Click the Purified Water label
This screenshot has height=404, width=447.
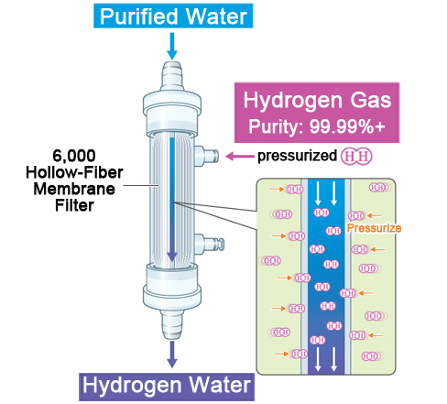(x=173, y=16)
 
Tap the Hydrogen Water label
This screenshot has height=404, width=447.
(x=167, y=387)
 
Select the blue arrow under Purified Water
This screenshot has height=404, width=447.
(x=172, y=46)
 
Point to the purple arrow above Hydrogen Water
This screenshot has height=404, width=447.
(x=172, y=355)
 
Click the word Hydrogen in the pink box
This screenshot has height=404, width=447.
(x=292, y=101)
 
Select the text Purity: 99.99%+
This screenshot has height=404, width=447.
(x=317, y=126)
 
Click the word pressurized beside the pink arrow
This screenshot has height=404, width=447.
(x=297, y=156)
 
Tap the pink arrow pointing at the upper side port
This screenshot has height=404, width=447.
(x=240, y=157)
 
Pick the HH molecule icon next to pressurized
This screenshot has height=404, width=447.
(x=356, y=157)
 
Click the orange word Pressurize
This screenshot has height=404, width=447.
(x=374, y=228)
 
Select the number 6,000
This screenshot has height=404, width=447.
(x=74, y=156)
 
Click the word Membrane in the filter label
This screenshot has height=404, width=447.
(x=74, y=189)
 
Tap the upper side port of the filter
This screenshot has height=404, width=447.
(x=207, y=156)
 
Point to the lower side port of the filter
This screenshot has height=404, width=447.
(x=209, y=244)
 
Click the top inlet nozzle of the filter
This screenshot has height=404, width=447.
(x=172, y=76)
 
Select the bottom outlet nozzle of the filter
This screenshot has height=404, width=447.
(x=172, y=324)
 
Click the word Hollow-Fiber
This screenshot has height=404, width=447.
(x=74, y=172)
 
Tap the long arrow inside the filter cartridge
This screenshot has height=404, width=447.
(x=172, y=200)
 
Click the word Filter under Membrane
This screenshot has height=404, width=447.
(x=74, y=205)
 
